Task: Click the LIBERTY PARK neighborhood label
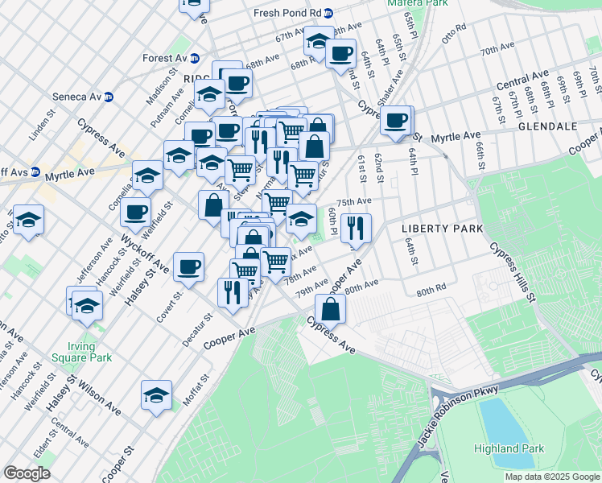pyautogui.click(x=442, y=229)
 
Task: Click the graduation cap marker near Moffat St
pyautogui.click(x=156, y=394)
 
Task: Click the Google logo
pyautogui.click(x=27, y=473)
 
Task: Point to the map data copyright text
pyautogui.click(x=550, y=477)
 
